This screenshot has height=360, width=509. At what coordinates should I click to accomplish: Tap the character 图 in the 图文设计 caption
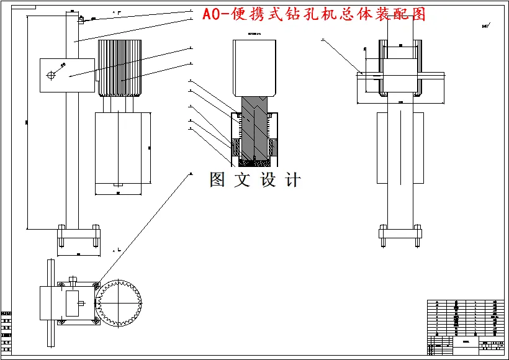point(218,180)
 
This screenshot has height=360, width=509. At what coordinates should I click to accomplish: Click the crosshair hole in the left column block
point(52,75)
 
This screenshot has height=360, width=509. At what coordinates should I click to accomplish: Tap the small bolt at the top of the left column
point(80,19)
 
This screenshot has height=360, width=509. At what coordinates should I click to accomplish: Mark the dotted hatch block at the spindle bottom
point(253,162)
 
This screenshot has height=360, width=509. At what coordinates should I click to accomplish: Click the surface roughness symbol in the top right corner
point(485,27)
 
